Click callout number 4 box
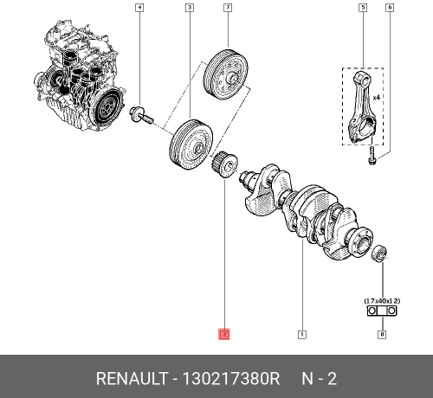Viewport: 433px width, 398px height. pos(140,9)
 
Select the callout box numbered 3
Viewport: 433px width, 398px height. pos(189,9)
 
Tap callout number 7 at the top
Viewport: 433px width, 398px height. pos(227,9)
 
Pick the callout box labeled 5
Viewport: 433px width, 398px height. pos(364,9)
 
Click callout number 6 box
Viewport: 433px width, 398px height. pos(390,9)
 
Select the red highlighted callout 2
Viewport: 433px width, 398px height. pos(223,333)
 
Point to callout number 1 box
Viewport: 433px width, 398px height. pos(301,333)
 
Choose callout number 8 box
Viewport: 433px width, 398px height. pos(381,333)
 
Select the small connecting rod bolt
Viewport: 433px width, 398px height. pos(371,157)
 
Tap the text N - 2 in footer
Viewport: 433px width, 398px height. pos(318,379)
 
